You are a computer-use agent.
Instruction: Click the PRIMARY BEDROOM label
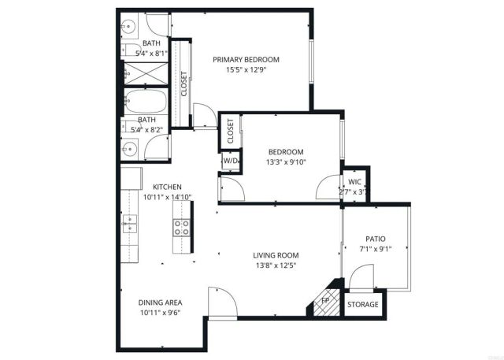[246, 59]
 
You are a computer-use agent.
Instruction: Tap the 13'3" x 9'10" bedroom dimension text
[285, 162]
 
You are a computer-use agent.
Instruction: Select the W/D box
[231, 160]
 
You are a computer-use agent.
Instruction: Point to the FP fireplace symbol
[324, 300]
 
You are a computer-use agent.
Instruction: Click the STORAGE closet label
[363, 304]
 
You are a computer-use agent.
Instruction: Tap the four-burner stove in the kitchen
[182, 228]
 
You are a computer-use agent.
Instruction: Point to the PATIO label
[375, 239]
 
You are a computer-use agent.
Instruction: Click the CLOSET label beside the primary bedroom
[184, 84]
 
